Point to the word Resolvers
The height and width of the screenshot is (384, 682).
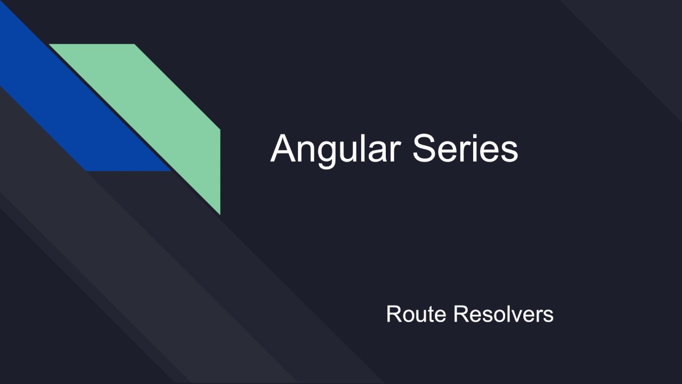click(504, 314)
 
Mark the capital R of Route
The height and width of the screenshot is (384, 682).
click(393, 314)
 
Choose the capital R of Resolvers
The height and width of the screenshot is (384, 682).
click(460, 314)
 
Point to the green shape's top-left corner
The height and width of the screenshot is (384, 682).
click(51, 45)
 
